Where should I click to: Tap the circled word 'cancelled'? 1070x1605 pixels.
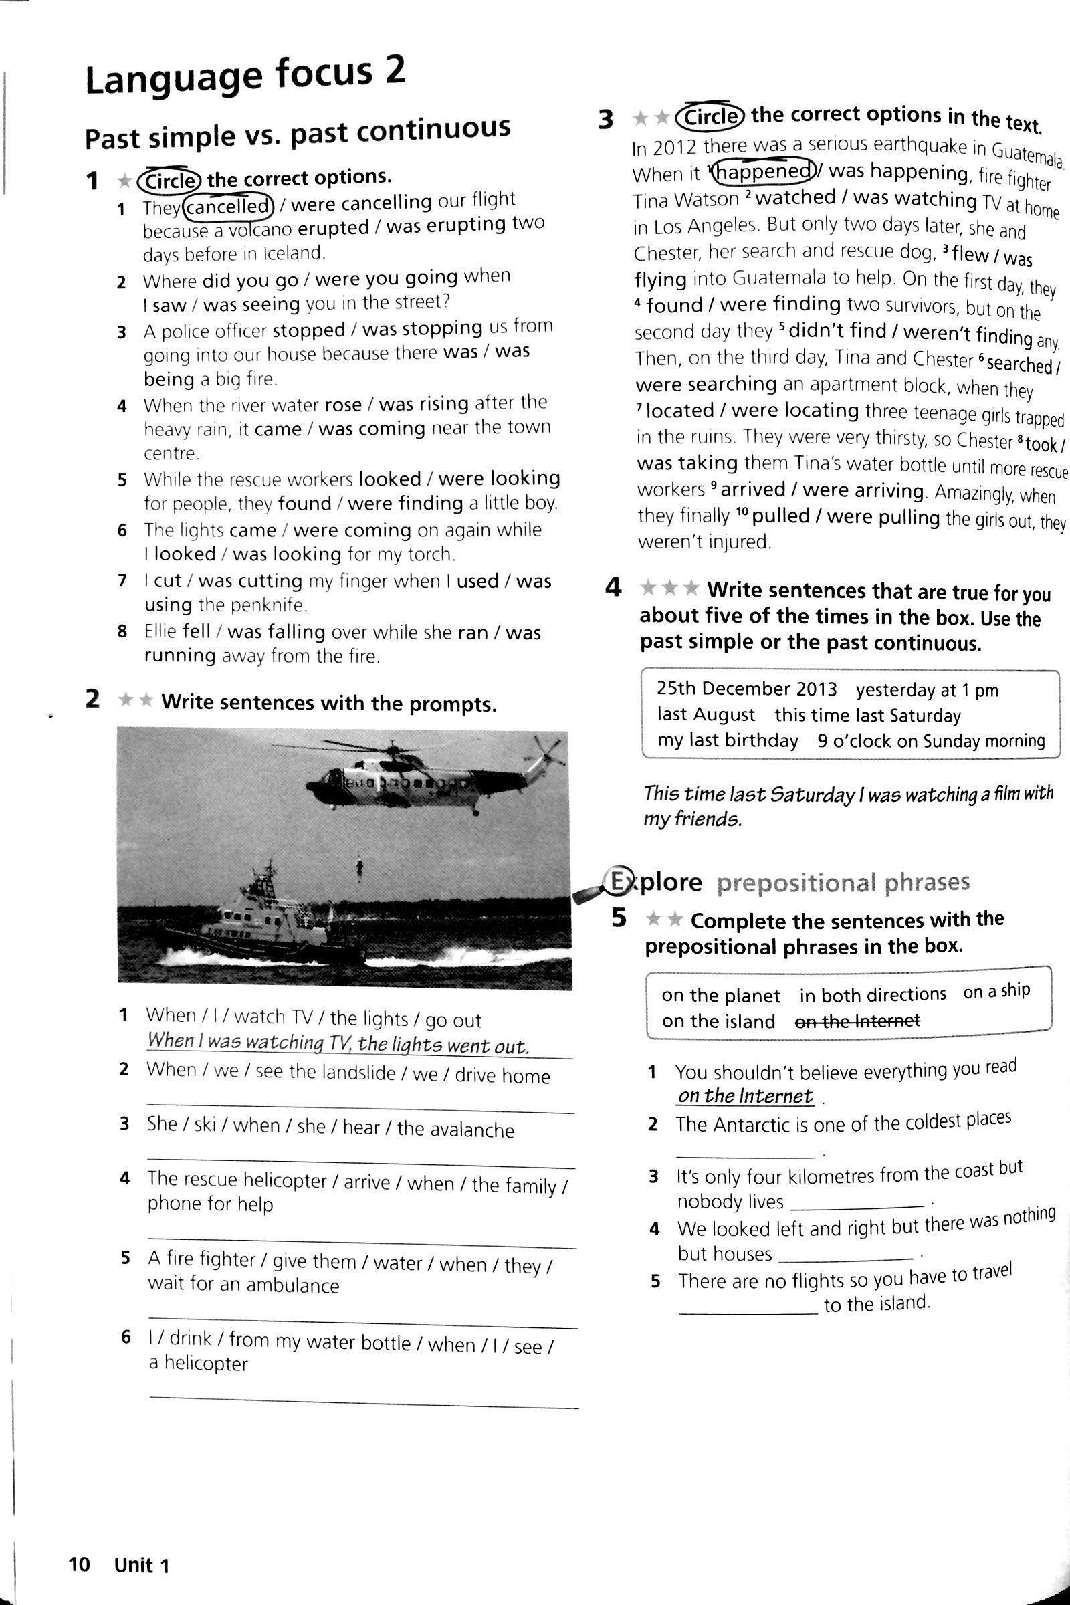pos(229,205)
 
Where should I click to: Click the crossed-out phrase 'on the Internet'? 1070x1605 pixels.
pos(859,1021)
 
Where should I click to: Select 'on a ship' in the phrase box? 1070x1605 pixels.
pos(996,992)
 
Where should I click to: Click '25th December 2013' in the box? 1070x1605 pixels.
pos(746,689)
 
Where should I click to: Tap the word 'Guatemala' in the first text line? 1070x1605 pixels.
pos(1027,154)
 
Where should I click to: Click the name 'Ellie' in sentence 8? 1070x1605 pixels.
pos(160,631)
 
